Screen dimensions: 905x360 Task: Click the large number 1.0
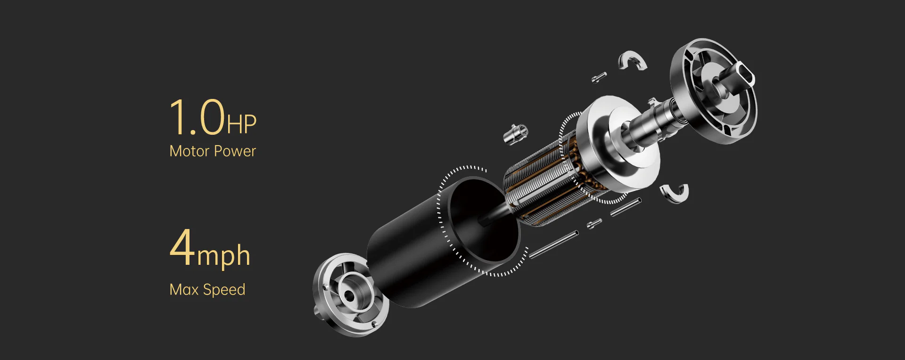pos(197,117)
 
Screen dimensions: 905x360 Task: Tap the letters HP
pos(242,124)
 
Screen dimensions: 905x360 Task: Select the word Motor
pos(189,151)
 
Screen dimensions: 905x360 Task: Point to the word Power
pos(235,151)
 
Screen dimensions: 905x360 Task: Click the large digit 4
pos(182,247)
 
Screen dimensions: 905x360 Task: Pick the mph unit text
pos(223,256)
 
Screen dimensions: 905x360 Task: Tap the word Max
pos(184,289)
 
